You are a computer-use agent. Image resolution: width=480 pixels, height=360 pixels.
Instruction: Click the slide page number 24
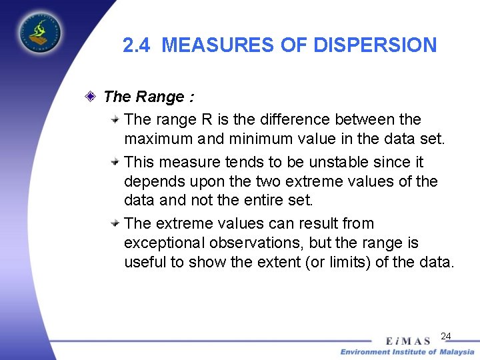click(446, 336)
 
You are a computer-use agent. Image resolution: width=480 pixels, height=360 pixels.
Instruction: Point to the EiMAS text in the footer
click(407, 340)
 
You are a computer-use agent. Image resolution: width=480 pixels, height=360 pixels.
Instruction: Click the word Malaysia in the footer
click(456, 351)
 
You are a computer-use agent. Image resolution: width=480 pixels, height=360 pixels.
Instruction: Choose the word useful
click(145, 262)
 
